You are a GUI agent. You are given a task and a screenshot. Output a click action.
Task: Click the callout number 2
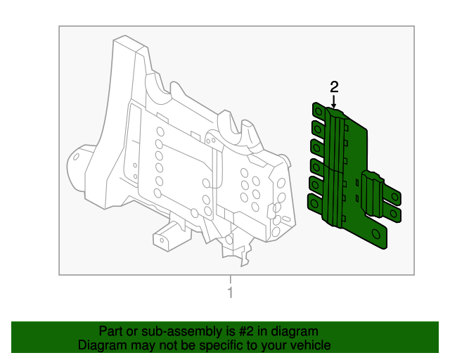tap(334, 86)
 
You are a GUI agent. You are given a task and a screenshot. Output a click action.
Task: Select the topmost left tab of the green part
tap(319, 112)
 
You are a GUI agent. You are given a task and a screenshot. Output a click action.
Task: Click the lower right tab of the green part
tap(394, 214)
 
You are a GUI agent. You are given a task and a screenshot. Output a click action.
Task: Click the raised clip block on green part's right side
tap(371, 190)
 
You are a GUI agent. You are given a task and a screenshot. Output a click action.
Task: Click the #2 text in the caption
tap(236, 331)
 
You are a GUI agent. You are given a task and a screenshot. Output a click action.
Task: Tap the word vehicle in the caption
tap(308, 345)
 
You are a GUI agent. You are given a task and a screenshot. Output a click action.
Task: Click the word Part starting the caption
tap(111, 331)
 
